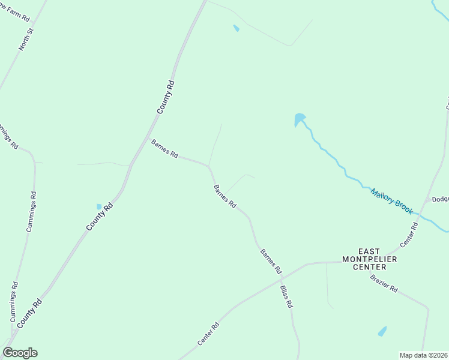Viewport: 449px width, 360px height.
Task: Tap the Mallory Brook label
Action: [x=391, y=202]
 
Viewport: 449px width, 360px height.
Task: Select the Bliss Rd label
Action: [x=286, y=296]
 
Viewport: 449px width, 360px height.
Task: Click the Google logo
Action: [x=20, y=353]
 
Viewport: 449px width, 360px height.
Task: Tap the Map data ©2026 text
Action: [x=424, y=355]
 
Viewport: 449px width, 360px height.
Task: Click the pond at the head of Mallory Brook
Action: [x=299, y=119]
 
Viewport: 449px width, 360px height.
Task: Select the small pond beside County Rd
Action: [x=99, y=206]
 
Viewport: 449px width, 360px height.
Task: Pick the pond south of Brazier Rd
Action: [x=382, y=331]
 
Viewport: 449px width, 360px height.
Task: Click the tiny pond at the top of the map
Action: [x=236, y=28]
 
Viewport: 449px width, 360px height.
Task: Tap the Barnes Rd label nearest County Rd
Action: [x=164, y=149]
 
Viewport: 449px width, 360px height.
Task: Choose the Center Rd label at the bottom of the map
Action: [x=208, y=334]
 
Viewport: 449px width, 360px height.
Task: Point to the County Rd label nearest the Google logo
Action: [x=29, y=314]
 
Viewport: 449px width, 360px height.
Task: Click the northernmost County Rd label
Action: [x=165, y=97]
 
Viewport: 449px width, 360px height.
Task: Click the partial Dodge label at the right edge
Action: [x=440, y=200]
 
